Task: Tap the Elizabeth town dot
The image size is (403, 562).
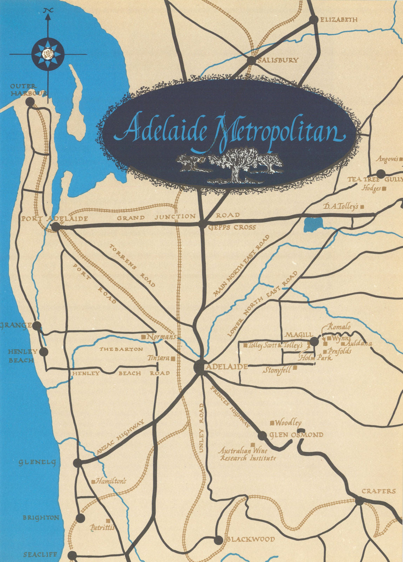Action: pos(313,20)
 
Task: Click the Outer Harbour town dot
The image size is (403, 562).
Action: pos(30,102)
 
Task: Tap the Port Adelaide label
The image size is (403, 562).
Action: pos(54,218)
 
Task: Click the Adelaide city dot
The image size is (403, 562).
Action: pos(201,366)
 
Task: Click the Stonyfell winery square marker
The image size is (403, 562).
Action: pos(295,367)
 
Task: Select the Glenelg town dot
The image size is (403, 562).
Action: pos(78,463)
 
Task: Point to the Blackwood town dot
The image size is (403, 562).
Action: pos(218,540)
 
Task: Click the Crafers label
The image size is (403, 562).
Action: pos(378,491)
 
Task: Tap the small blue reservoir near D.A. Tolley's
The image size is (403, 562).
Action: pos(313,224)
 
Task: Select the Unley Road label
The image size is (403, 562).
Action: pos(201,427)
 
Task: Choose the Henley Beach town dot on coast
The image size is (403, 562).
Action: pos(44,352)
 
